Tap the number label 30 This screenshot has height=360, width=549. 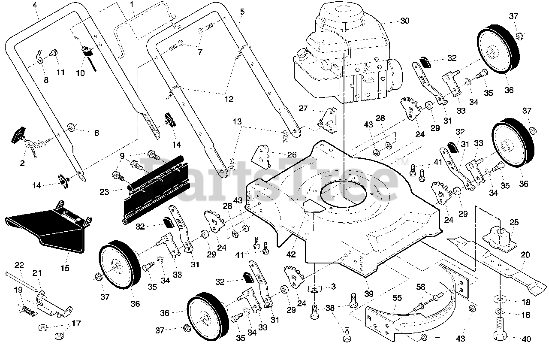point(405,21)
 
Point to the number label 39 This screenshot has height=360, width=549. point(369,294)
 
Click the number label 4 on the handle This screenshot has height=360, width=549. point(35,5)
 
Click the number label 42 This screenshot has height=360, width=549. point(291,255)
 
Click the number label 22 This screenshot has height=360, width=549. point(20,265)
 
